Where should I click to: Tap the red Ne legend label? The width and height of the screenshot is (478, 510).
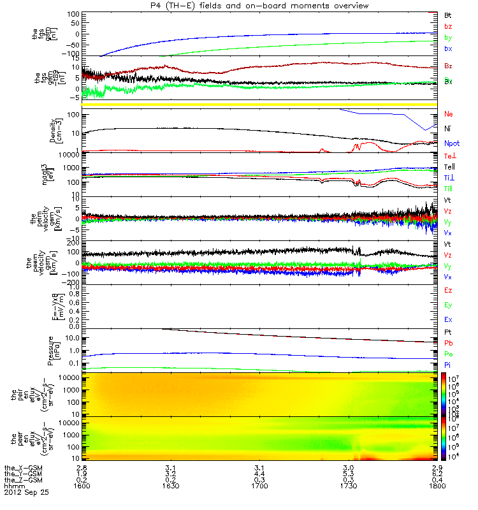[x=448, y=113]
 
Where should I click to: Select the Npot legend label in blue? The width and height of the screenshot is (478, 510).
[x=451, y=144]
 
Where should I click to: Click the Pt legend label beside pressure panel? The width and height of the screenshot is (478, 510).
[x=448, y=333]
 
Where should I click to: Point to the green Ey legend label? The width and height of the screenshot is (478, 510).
[x=449, y=305]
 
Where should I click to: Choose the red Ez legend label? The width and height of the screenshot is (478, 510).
[x=449, y=290]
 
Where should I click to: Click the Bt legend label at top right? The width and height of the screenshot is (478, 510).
[x=449, y=14]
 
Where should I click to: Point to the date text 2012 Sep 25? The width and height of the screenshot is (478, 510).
[x=26, y=493]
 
